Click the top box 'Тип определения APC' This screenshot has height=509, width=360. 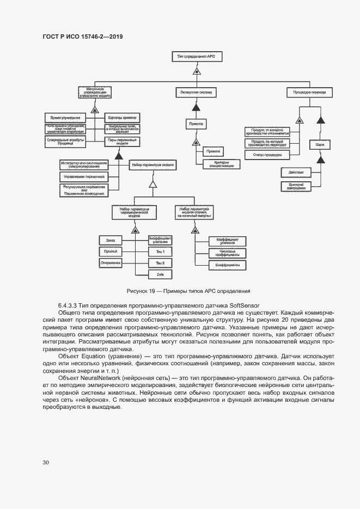point(197,57)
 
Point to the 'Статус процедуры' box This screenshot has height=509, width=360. point(267,155)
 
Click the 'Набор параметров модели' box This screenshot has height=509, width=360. point(152,164)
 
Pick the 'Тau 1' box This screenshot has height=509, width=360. point(160,251)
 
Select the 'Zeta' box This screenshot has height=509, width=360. point(160,275)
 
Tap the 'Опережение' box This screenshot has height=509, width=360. point(110,263)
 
